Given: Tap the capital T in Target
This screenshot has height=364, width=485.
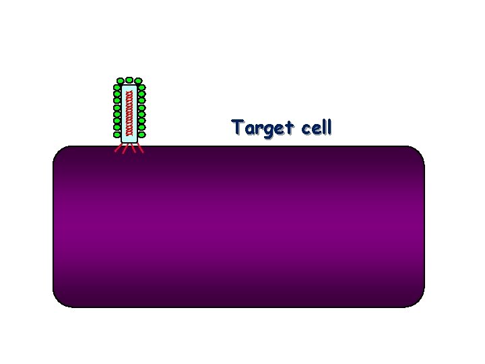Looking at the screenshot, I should (237, 127).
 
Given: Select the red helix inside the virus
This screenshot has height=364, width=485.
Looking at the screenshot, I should (125, 111).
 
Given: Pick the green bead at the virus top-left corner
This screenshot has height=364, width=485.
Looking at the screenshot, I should (119, 80).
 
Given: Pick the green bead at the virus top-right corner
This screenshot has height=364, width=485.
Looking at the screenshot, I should (140, 80).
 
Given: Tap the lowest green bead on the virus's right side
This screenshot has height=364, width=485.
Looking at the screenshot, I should (141, 133).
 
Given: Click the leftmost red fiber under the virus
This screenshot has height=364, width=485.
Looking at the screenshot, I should (117, 150).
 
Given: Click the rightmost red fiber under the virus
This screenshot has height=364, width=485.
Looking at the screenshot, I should (141, 150).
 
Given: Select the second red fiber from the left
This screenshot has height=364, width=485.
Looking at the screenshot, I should (125, 150).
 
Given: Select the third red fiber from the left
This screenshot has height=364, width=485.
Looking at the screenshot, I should (133, 150).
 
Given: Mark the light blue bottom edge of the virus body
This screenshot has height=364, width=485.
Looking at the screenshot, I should (129, 141).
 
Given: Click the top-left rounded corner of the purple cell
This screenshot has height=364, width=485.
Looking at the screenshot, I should (59, 152).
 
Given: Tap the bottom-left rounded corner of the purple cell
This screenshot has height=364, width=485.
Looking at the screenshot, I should (59, 301).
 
